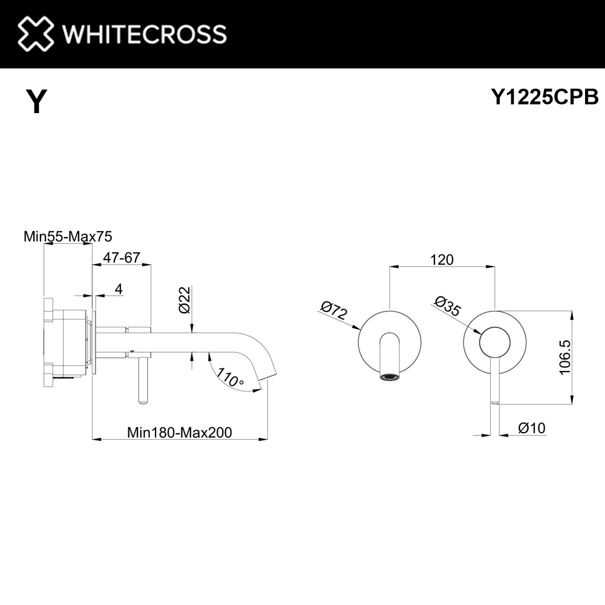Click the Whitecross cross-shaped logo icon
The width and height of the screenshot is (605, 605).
click(x=36, y=33)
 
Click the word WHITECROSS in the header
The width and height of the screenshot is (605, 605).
click(x=145, y=34)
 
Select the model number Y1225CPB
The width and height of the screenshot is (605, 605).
click(x=544, y=96)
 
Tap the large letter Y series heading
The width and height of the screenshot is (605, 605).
click(x=36, y=101)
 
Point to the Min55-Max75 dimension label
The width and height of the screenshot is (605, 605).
click(x=68, y=236)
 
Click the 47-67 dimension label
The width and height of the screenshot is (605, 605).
click(x=122, y=257)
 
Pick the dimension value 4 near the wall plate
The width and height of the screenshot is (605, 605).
click(x=119, y=289)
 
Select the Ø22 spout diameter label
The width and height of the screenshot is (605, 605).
click(x=185, y=300)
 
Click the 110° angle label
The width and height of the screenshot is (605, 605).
click(x=230, y=378)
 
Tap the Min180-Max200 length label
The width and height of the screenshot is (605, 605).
click(x=180, y=433)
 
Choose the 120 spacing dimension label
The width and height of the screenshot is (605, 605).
click(x=442, y=260)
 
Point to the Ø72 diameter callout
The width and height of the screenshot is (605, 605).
click(x=334, y=310)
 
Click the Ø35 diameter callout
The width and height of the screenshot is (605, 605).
click(x=448, y=306)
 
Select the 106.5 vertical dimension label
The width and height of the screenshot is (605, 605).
click(x=564, y=357)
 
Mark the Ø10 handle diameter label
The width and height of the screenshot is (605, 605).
click(x=532, y=428)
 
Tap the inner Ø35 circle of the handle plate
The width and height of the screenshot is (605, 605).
click(x=495, y=342)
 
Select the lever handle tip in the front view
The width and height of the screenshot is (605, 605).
click(x=495, y=402)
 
